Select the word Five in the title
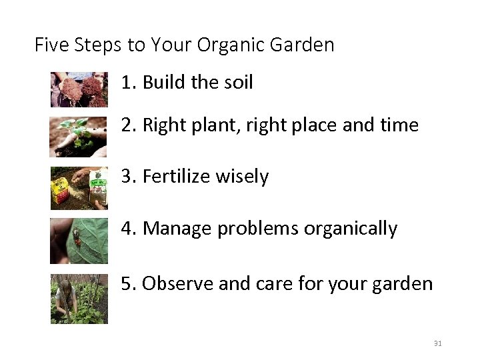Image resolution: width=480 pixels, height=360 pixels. [51, 45]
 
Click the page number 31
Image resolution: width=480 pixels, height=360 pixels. [438, 343]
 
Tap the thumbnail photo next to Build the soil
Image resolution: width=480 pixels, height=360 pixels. [79, 89]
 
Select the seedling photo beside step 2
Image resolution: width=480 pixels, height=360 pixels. [79, 137]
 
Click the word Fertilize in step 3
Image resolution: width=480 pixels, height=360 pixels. [175, 177]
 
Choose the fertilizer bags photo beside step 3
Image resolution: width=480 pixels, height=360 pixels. [79, 188]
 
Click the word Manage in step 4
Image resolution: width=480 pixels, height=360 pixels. [174, 229]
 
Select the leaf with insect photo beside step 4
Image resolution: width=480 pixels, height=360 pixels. [79, 240]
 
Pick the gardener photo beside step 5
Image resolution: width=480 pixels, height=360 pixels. [79, 298]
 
